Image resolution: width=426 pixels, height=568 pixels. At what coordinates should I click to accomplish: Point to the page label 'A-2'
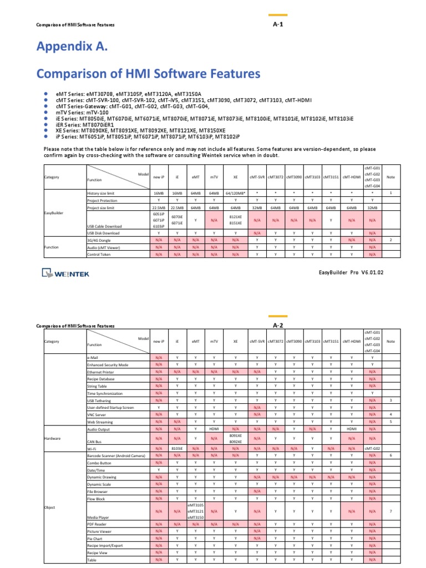click(x=278, y=325)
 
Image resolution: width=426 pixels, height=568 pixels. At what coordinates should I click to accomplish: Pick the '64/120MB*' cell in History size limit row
click(x=235, y=192)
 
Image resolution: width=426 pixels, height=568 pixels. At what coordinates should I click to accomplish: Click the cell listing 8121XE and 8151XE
click(x=235, y=220)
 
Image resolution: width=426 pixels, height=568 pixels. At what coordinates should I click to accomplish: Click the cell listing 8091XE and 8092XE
click(x=235, y=438)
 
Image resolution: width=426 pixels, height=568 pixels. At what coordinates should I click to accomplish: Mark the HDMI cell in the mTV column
click(x=214, y=429)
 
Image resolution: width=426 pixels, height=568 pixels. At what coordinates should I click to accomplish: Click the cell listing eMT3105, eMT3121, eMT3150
click(x=195, y=511)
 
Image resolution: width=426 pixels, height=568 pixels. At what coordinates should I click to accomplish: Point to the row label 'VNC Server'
click(x=98, y=414)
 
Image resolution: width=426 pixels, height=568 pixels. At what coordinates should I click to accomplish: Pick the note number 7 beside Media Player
click(x=390, y=511)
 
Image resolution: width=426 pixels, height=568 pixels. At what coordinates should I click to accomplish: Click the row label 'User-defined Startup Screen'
click(x=110, y=407)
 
